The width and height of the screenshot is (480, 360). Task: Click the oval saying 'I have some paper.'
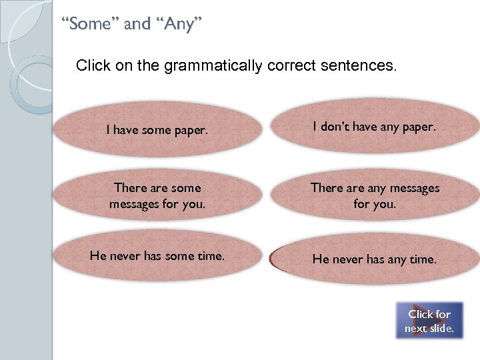[157, 131]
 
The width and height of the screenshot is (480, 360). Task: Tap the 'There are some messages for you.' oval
[157, 195]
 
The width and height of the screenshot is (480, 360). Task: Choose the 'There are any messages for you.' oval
[375, 195]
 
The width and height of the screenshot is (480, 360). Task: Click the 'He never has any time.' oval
[375, 259]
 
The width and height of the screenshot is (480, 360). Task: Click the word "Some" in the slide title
[89, 25]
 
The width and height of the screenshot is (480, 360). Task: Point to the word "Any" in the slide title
[179, 25]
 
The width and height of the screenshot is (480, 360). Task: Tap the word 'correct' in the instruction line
[289, 66]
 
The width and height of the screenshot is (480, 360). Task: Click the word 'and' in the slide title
[137, 25]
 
